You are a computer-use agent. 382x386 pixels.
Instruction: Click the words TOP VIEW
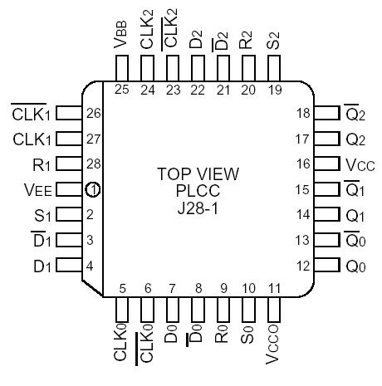click(x=198, y=174)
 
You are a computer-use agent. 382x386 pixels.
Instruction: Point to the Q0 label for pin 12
click(x=355, y=266)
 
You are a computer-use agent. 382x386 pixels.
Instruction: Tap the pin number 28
click(x=94, y=164)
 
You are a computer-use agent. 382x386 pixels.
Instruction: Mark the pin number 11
click(x=274, y=290)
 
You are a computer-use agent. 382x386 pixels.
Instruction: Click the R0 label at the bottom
click(x=223, y=341)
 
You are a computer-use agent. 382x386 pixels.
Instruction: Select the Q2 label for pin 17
click(x=355, y=139)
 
